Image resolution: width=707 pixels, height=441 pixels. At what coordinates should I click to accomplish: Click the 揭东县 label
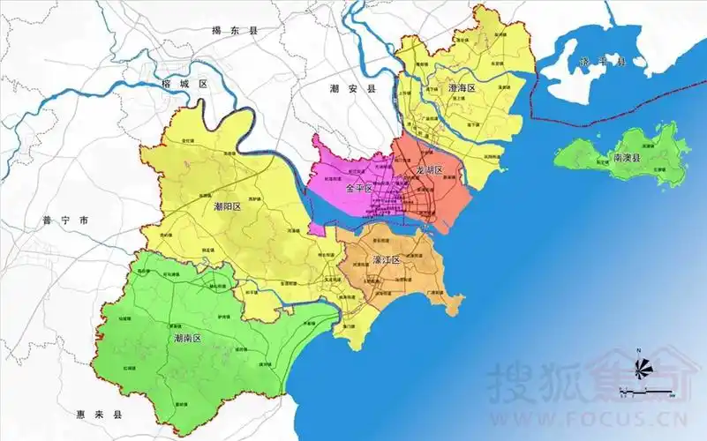pyautogui.click(x=234, y=31)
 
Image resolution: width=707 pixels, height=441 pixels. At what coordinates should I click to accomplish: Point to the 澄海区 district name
pyautogui.click(x=461, y=89)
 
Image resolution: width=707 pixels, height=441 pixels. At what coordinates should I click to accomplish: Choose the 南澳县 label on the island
pyautogui.click(x=630, y=159)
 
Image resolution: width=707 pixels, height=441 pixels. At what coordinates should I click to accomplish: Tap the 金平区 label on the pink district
pyautogui.click(x=359, y=189)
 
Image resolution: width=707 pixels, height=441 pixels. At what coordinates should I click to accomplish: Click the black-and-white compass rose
pyautogui.click(x=639, y=369)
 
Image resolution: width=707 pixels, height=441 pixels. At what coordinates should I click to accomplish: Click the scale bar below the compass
pyautogui.click(x=646, y=390)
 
